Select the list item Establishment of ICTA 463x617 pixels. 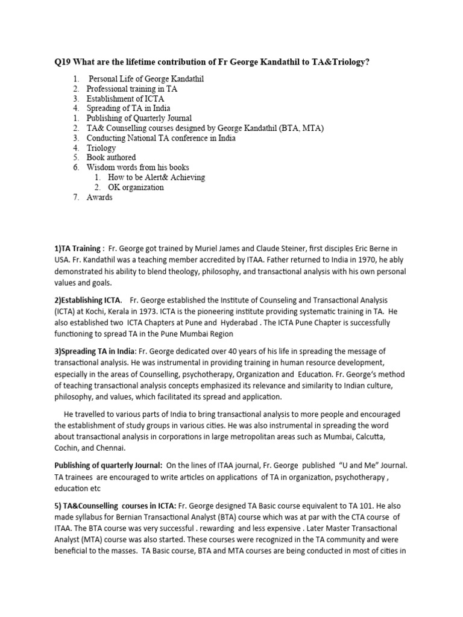tap(125, 98)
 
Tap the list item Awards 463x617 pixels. tap(99, 197)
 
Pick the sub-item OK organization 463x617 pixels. tap(135, 187)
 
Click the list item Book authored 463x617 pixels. tap(111, 158)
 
